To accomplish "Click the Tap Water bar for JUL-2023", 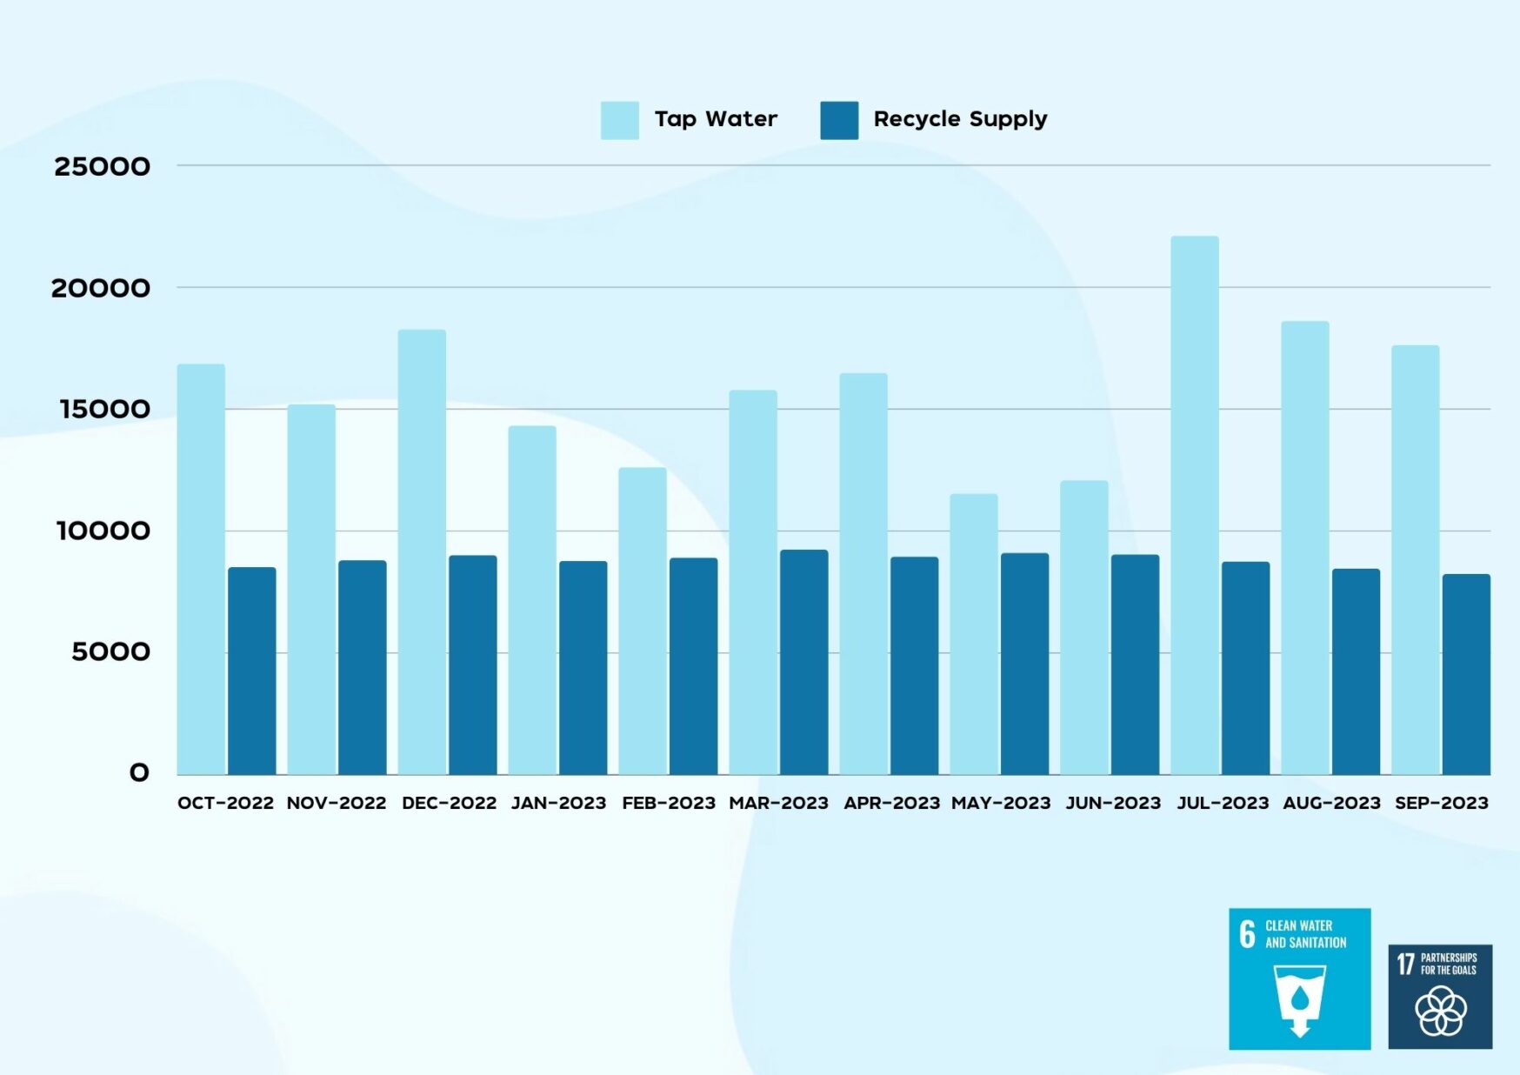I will pyautogui.click(x=1194, y=504).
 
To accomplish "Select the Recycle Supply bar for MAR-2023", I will pyautogui.click(x=803, y=662).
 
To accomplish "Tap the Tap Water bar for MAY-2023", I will pyautogui.click(x=973, y=634).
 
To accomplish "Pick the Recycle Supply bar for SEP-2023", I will pyautogui.click(x=1466, y=674).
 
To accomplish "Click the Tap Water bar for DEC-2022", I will pyautogui.click(x=422, y=551).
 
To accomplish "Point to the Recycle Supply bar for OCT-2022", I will pyautogui.click(x=252, y=671).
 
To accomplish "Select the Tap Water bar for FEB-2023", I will pyautogui.click(x=643, y=621).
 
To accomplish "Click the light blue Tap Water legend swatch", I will pyautogui.click(x=619, y=120).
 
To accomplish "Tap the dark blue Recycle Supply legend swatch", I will pyautogui.click(x=839, y=120).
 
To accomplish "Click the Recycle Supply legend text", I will pyautogui.click(x=960, y=119).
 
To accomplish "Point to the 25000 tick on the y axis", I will pyautogui.click(x=102, y=166).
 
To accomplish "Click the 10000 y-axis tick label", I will pyautogui.click(x=103, y=531).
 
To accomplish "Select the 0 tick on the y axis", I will pyautogui.click(x=139, y=772).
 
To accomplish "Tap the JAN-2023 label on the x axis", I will pyautogui.click(x=558, y=803).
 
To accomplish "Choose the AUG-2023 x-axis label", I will pyautogui.click(x=1331, y=803).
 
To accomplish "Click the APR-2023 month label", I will pyautogui.click(x=891, y=803).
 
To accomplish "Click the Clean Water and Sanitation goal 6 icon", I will pyautogui.click(x=1299, y=978).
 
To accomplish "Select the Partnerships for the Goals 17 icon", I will pyautogui.click(x=1440, y=997).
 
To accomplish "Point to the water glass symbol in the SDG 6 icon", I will pyautogui.click(x=1299, y=1000).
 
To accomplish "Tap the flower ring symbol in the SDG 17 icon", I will pyautogui.click(x=1441, y=1012).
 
